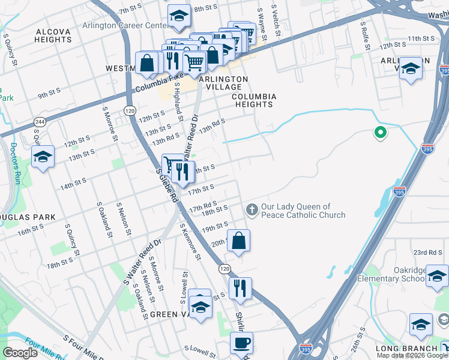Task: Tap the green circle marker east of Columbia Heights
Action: (379, 133)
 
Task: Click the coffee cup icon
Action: (241, 343)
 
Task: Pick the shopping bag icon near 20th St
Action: (239, 241)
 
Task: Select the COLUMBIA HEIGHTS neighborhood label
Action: (254, 100)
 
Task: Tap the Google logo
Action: (20, 353)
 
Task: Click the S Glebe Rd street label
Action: (166, 183)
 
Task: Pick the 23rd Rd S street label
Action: (430, 253)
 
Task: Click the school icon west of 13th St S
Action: (43, 157)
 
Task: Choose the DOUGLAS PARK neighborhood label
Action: (28, 217)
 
